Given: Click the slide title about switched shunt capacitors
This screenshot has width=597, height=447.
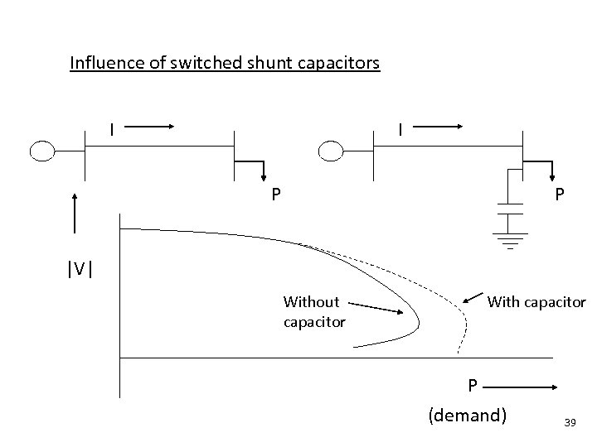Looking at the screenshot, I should coord(225,63).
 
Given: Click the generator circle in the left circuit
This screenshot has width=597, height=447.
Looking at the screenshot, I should coord(41,151).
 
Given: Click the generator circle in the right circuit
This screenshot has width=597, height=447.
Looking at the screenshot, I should coord(331,151).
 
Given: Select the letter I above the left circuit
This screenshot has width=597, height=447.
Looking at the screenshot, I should coord(113,129).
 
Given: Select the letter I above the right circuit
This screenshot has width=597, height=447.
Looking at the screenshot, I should coord(400,129).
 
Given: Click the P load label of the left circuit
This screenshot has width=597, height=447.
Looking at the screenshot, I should coord(277,195).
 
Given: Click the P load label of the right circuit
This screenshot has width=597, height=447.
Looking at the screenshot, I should coord(561,194).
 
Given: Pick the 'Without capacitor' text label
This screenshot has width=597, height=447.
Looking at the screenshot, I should coord(313,311).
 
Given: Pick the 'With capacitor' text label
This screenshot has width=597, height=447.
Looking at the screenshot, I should coord(536,302).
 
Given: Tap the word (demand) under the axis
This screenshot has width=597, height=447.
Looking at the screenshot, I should coord(467,415).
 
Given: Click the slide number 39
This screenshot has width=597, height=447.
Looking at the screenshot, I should coord(569,422).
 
